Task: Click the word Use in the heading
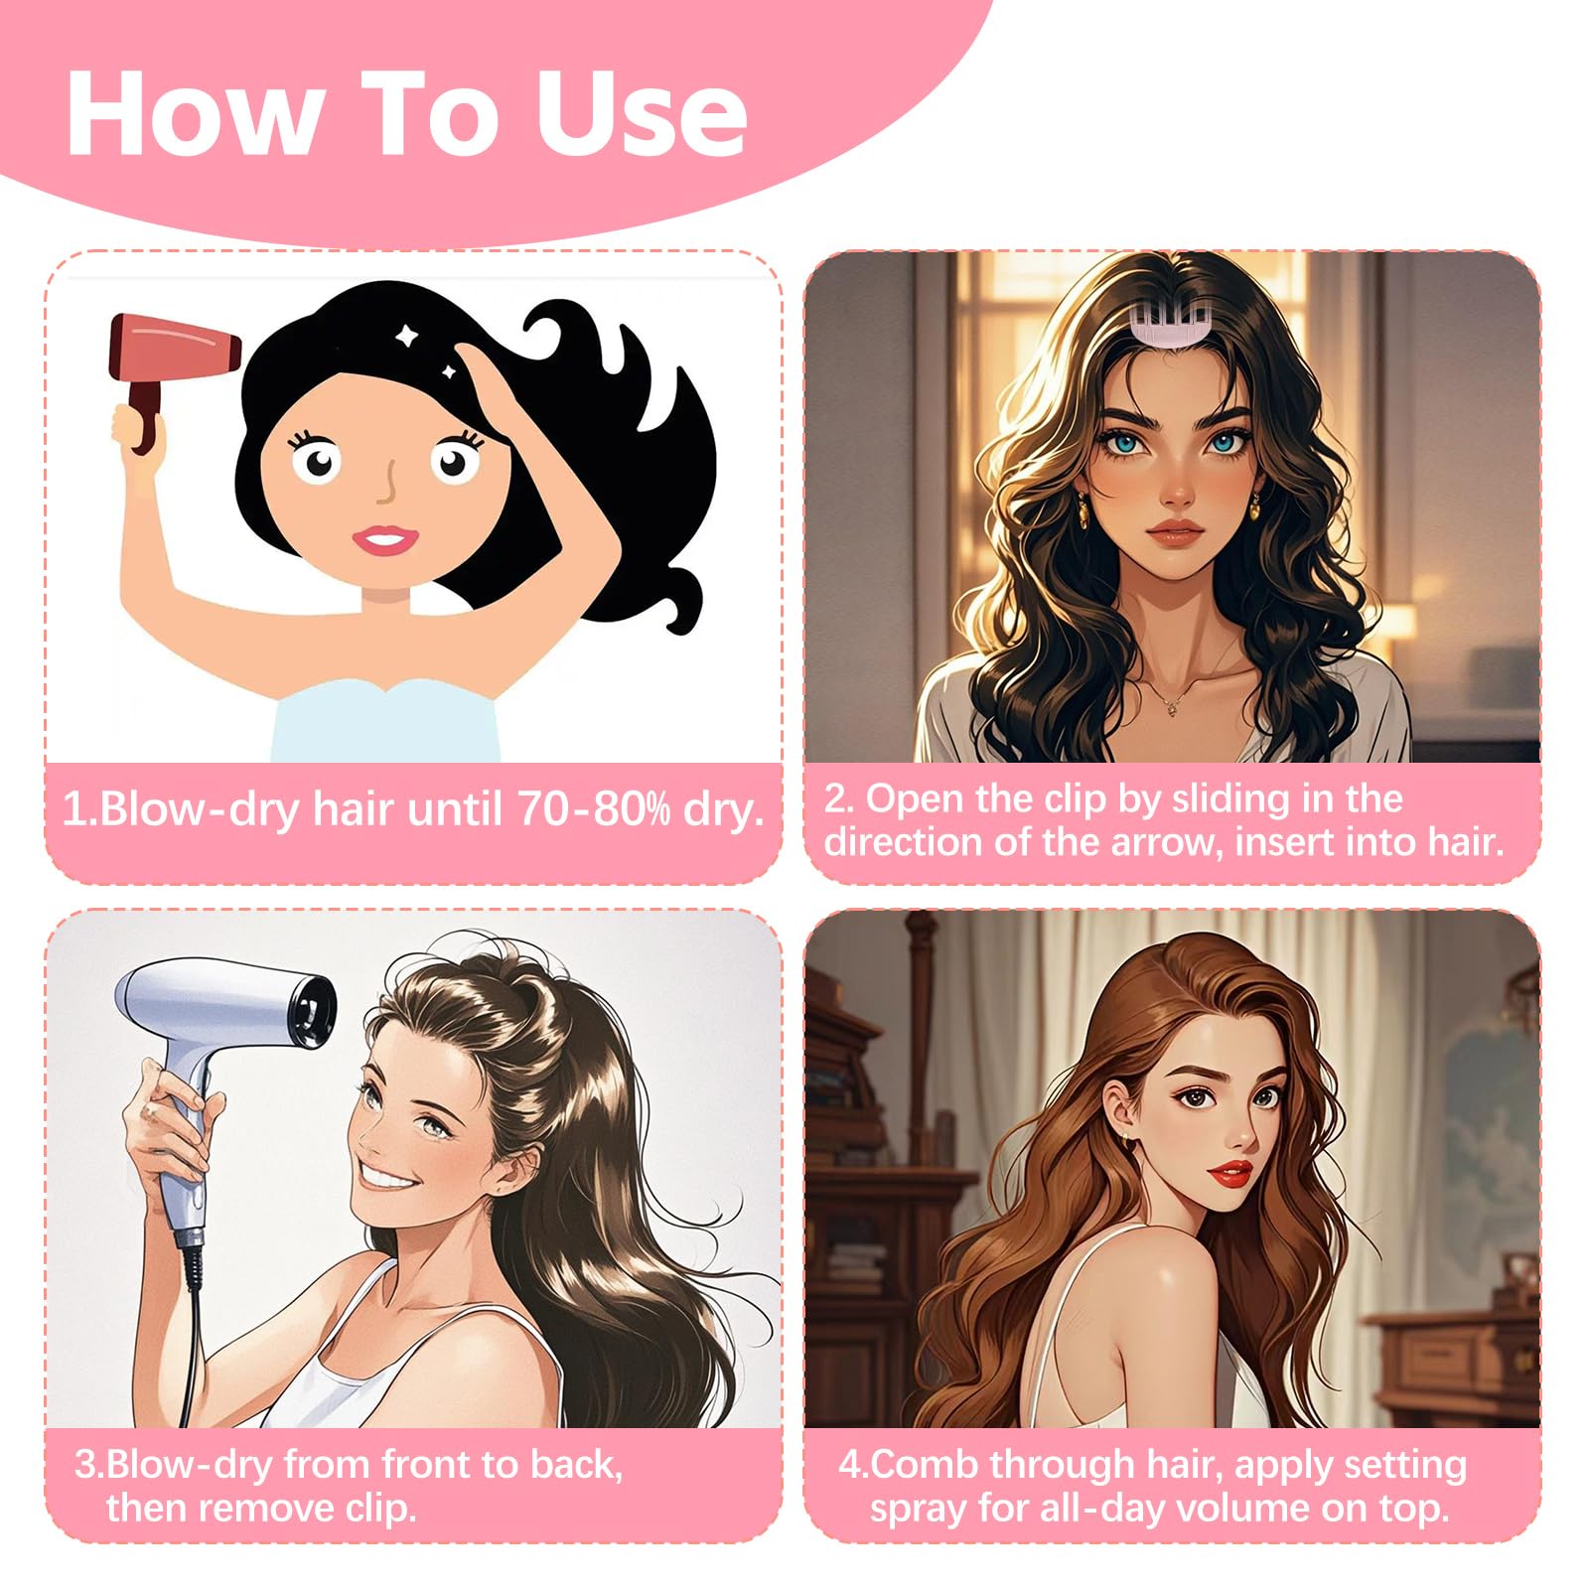[641, 114]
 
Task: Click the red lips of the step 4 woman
[1230, 1175]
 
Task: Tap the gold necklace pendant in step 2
[1172, 707]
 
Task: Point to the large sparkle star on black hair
[405, 337]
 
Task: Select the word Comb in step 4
[924, 1465]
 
